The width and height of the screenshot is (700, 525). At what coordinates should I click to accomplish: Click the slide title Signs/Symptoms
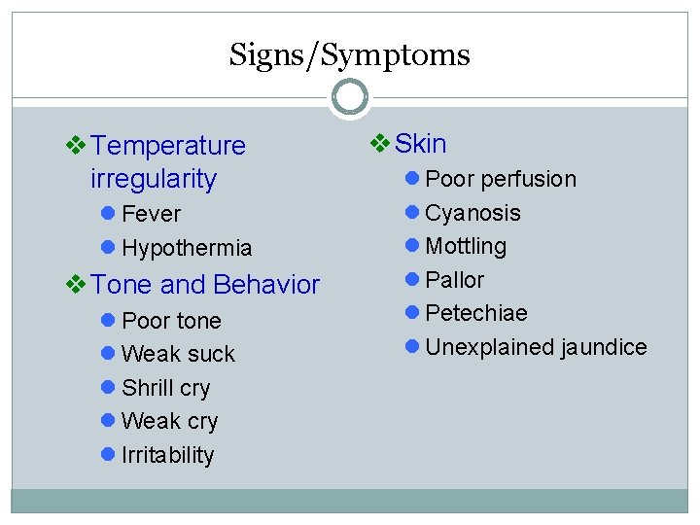click(349, 54)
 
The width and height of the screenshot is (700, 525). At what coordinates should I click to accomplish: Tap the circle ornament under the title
click(350, 96)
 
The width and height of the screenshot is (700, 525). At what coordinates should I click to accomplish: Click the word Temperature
click(168, 146)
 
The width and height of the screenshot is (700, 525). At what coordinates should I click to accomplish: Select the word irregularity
click(153, 179)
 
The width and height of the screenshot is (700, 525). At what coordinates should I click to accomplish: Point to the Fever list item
click(151, 214)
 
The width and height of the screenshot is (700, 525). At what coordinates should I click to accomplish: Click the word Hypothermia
click(187, 248)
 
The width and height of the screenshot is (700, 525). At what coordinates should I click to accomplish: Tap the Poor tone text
click(171, 321)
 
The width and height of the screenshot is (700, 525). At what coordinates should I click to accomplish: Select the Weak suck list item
click(178, 354)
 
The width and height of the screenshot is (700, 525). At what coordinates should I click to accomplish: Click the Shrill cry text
click(165, 388)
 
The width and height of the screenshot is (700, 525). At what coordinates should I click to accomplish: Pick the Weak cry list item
click(169, 421)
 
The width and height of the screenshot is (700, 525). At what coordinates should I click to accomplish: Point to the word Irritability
click(167, 455)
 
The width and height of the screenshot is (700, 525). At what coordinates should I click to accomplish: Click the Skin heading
click(421, 144)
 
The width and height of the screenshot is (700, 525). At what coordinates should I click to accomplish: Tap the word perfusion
click(529, 179)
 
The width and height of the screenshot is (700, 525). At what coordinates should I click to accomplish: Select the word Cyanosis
click(472, 213)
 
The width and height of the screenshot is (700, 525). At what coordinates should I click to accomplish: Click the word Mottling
click(466, 246)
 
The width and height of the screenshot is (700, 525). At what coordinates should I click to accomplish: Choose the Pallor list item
click(454, 280)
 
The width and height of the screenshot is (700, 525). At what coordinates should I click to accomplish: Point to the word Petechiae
click(476, 313)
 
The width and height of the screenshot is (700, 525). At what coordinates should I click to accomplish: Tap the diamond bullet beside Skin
click(380, 145)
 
